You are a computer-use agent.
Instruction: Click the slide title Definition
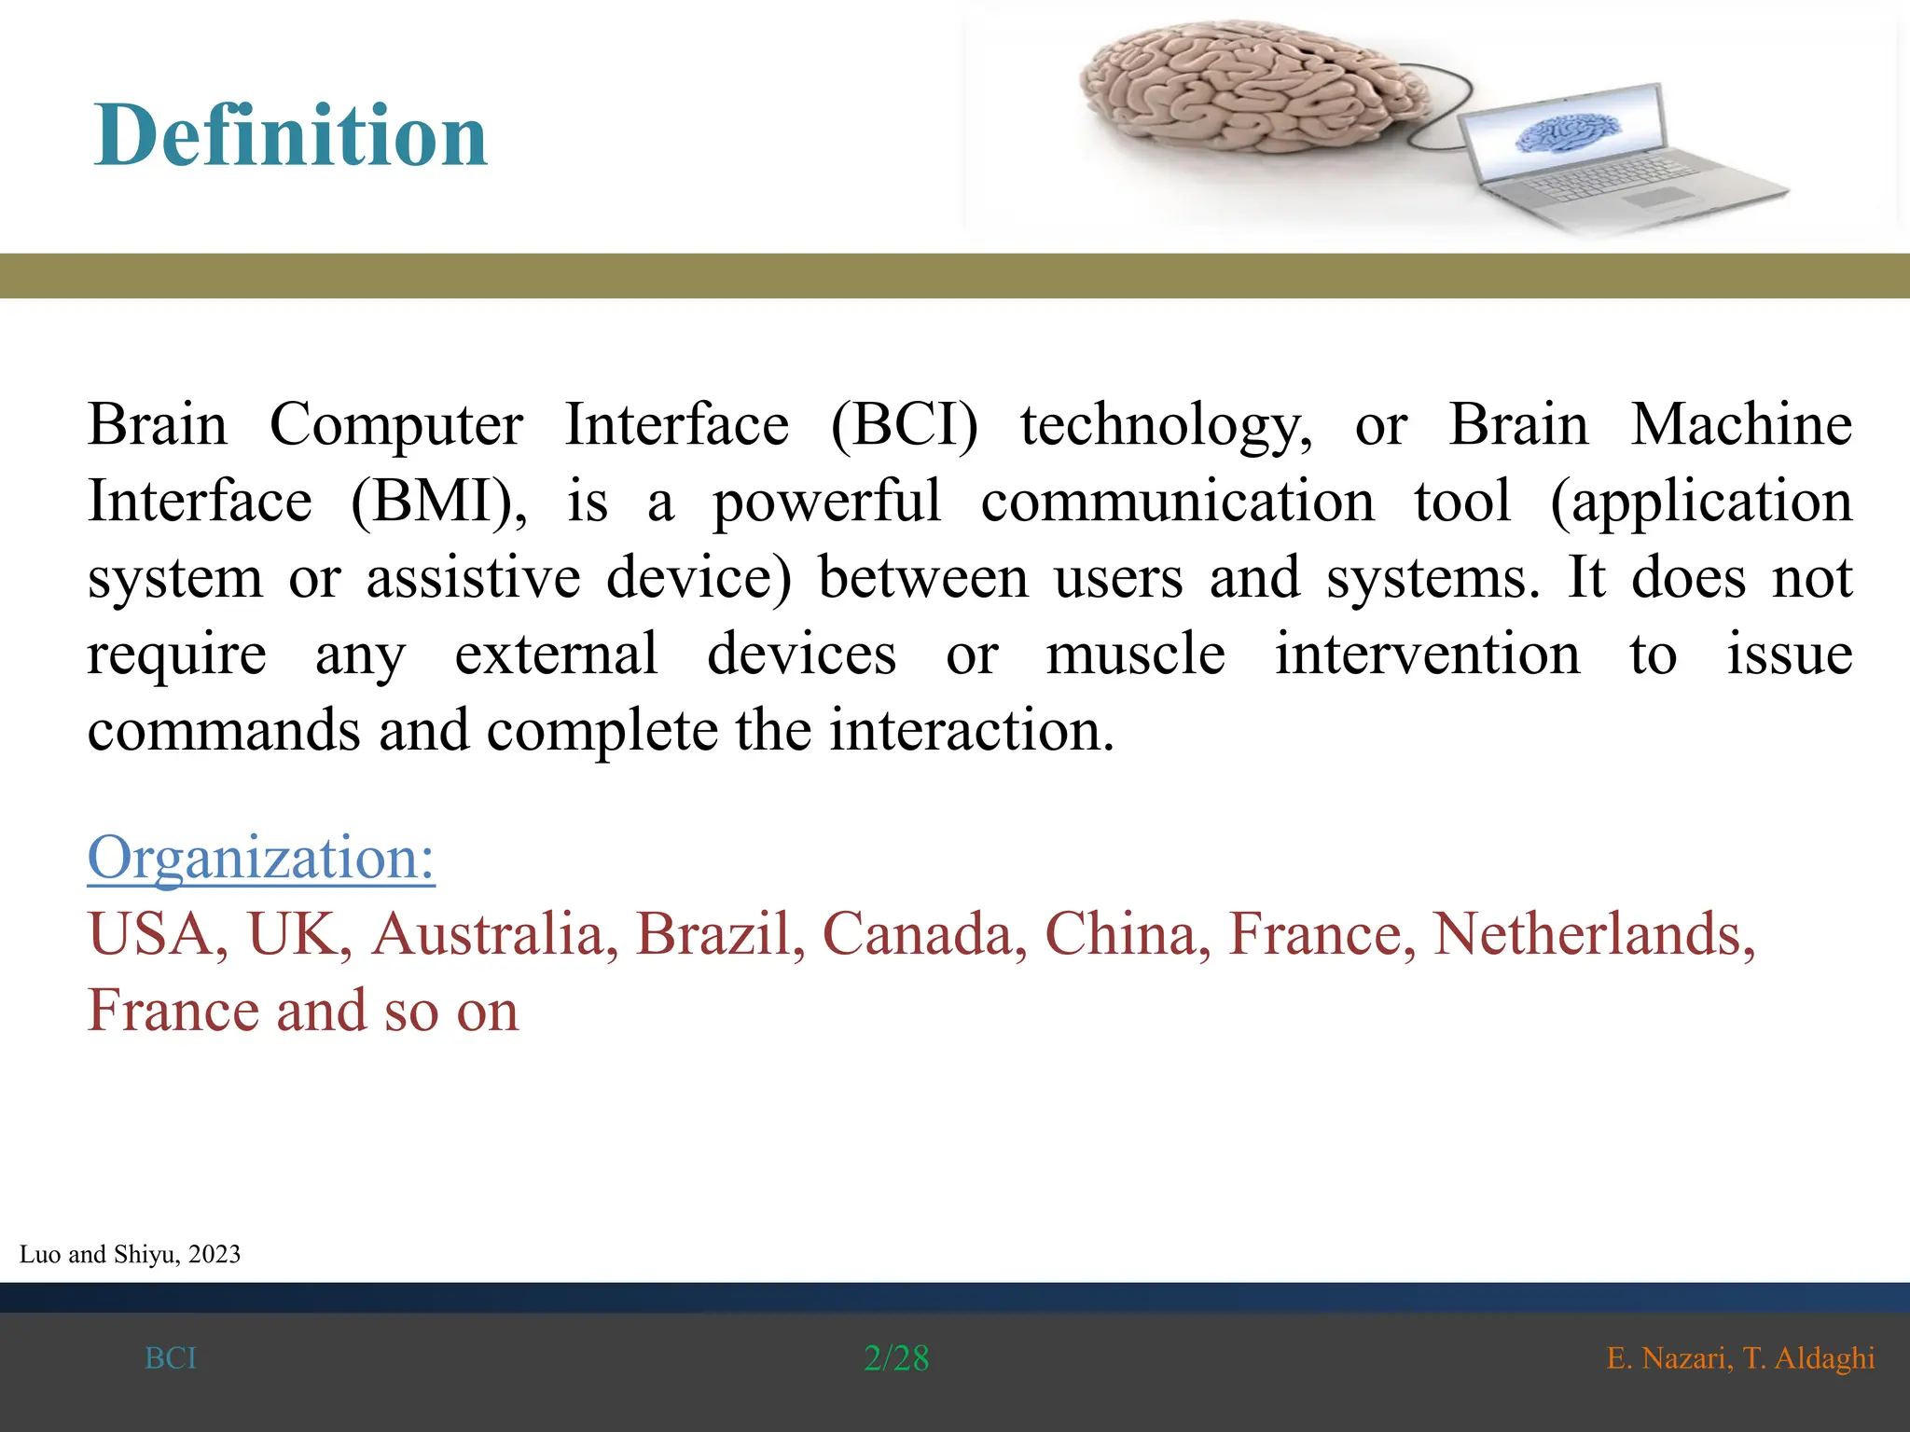(290, 136)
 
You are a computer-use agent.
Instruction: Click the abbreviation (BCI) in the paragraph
(904, 425)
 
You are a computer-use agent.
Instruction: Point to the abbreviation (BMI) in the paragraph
(438, 502)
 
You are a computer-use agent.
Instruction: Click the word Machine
(1740, 425)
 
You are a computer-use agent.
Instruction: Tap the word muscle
(1135, 654)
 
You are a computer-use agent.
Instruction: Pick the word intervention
(1427, 654)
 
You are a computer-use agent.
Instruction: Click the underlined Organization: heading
(261, 858)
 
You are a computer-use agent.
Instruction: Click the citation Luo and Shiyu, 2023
(130, 1255)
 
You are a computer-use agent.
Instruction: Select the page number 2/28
(896, 1358)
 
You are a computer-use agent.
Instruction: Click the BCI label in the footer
(171, 1358)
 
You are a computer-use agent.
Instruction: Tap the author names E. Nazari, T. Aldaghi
(1740, 1358)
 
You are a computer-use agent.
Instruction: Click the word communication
(1177, 502)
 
